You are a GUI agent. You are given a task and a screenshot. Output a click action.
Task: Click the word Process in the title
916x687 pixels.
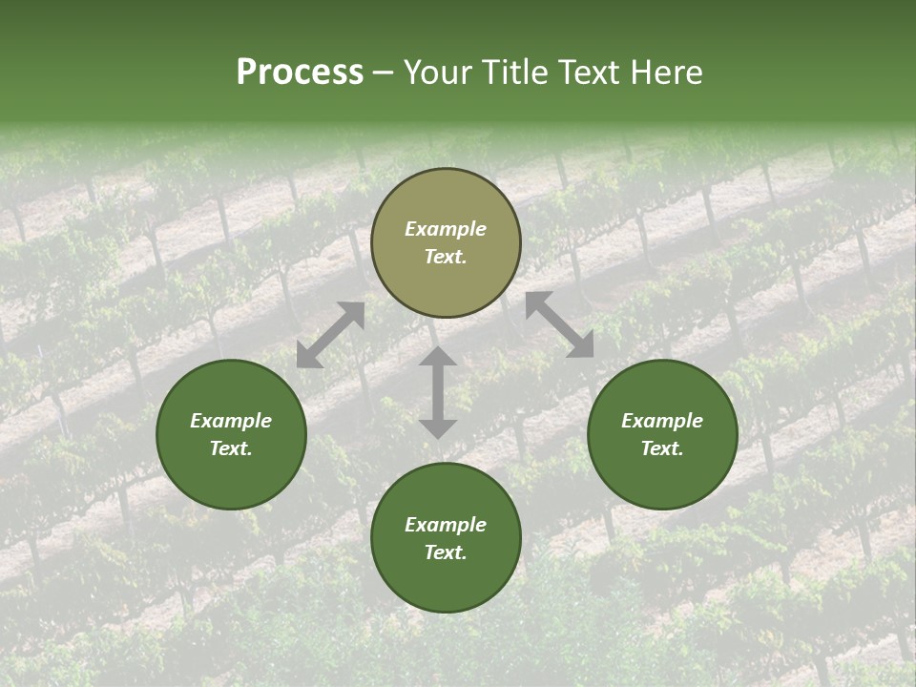click(300, 73)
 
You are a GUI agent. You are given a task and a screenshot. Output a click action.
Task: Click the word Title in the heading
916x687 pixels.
click(517, 73)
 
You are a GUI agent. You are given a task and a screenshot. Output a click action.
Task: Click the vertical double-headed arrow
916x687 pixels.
click(438, 392)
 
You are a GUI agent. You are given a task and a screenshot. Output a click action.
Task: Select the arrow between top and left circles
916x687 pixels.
click(331, 335)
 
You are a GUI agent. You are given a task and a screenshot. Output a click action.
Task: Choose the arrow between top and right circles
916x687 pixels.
click(559, 324)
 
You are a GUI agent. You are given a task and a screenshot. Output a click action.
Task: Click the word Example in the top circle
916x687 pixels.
click(446, 229)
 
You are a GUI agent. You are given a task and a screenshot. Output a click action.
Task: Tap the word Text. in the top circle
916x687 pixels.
click(446, 257)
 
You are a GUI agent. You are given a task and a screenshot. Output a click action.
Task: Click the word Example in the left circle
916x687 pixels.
click(231, 421)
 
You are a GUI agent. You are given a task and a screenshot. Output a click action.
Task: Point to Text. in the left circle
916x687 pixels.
click(231, 448)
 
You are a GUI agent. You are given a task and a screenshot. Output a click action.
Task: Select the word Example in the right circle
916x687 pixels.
click(662, 421)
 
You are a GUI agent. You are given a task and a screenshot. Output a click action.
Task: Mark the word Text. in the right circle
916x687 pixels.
click(662, 448)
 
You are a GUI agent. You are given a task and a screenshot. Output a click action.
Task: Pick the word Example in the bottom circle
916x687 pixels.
click(446, 525)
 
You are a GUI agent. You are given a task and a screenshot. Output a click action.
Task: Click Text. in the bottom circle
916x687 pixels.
click(446, 552)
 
